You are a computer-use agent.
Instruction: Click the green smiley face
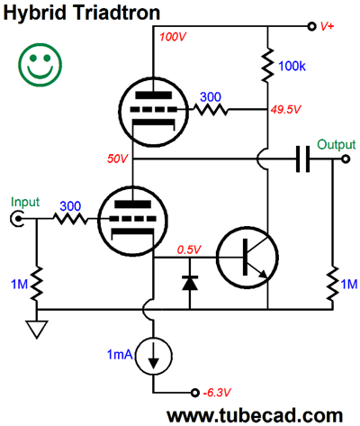40,65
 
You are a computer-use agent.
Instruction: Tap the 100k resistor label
292,66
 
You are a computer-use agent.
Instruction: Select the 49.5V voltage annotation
285,110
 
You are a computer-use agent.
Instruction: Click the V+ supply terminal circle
312,26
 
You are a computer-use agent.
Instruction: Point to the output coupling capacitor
302,159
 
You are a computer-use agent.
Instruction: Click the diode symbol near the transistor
190,283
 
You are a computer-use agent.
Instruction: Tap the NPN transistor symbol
247,258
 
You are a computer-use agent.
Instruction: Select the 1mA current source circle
153,356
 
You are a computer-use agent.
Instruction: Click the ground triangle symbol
37,330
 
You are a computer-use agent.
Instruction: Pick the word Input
25,202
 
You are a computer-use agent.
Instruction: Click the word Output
337,145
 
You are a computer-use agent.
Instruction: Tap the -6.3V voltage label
217,393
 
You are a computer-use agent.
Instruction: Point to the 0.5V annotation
189,249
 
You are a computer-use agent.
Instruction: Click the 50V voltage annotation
118,159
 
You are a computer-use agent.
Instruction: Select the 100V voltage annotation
173,37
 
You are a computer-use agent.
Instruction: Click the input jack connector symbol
16,219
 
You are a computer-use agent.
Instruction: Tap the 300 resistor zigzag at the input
70,219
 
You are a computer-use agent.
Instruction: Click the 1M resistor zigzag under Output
332,284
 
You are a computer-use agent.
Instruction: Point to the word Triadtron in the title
117,13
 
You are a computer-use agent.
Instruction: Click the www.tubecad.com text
255,415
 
